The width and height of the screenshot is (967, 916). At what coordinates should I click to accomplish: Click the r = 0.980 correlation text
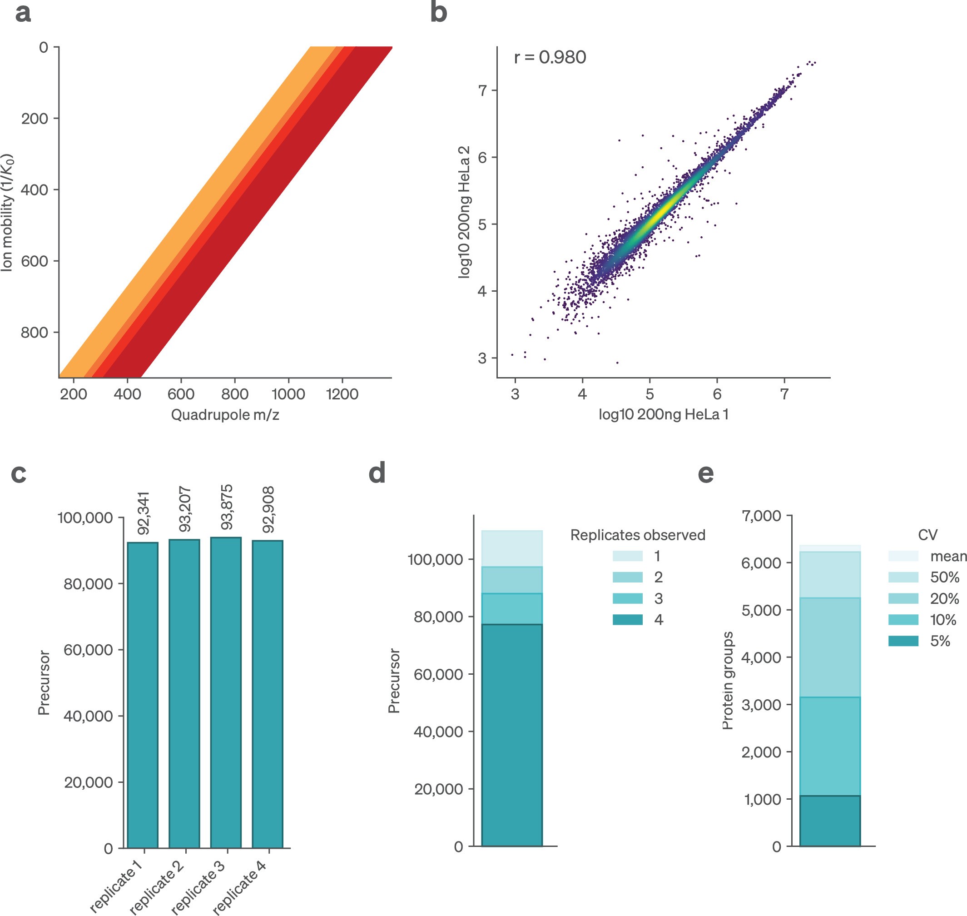[550, 58]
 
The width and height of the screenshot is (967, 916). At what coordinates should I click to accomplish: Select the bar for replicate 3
[226, 693]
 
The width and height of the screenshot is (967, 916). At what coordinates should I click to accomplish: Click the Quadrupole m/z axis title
[225, 414]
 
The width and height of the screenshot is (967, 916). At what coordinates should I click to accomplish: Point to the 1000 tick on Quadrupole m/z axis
[288, 394]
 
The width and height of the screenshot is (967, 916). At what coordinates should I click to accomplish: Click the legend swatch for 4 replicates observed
[627, 620]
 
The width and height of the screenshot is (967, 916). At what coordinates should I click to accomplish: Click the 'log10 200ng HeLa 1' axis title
[664, 414]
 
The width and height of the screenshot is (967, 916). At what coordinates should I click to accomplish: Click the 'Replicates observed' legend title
[638, 535]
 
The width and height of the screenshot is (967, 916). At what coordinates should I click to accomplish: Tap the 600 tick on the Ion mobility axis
[34, 261]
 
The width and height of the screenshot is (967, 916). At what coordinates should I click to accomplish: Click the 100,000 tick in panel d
[435, 560]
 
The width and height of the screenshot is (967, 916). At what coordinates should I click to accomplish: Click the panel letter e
[706, 473]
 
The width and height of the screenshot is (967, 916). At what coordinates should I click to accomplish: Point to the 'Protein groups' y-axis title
[728, 681]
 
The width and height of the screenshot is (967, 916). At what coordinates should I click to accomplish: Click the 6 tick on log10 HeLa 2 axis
[482, 158]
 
